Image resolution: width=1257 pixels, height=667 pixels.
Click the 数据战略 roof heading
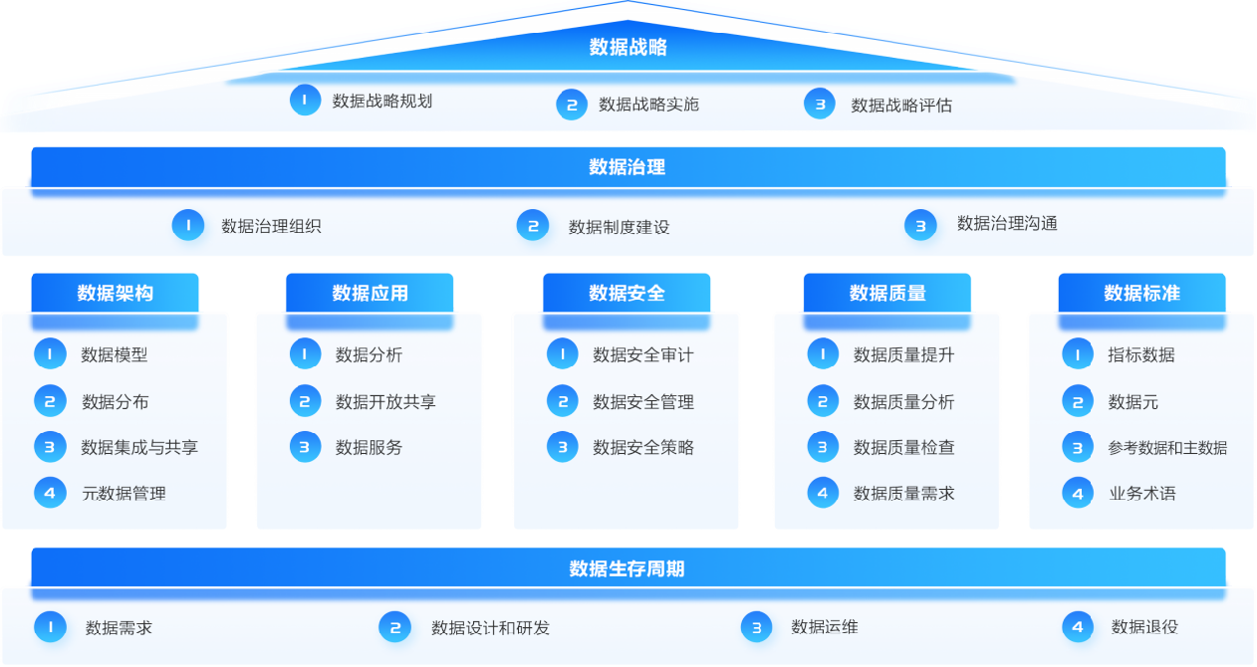[x=628, y=47]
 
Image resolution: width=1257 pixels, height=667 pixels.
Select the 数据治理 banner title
[x=628, y=166]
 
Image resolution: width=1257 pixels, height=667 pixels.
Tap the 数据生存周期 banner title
[x=628, y=568]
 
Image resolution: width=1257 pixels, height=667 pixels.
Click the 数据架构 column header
[x=116, y=293]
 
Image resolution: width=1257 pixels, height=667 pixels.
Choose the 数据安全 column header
[x=627, y=293]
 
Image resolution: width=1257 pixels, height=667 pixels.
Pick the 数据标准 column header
[x=1141, y=293]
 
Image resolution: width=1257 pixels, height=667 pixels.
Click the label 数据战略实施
[x=648, y=104]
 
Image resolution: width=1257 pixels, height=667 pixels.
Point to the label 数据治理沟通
[x=1007, y=224]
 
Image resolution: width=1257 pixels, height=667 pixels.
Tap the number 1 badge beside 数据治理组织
[x=188, y=225]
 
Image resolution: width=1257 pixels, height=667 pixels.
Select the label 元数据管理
[x=124, y=493]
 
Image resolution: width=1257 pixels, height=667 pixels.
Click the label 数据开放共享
[x=385, y=402]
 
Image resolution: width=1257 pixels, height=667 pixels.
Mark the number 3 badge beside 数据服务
[x=305, y=447]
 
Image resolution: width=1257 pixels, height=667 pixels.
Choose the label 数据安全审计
[x=642, y=354]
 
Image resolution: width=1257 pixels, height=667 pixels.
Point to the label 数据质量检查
[x=903, y=448]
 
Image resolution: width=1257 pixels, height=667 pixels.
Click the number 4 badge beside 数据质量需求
[x=823, y=493]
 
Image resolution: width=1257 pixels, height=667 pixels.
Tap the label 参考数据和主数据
[x=1167, y=448]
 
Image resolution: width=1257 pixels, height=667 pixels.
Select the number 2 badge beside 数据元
[x=1078, y=402]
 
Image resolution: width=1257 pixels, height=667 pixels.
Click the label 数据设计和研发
[x=490, y=628]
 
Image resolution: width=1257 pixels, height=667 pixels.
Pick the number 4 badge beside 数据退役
[x=1078, y=627]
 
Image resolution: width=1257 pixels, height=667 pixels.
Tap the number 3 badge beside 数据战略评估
[x=820, y=104]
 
